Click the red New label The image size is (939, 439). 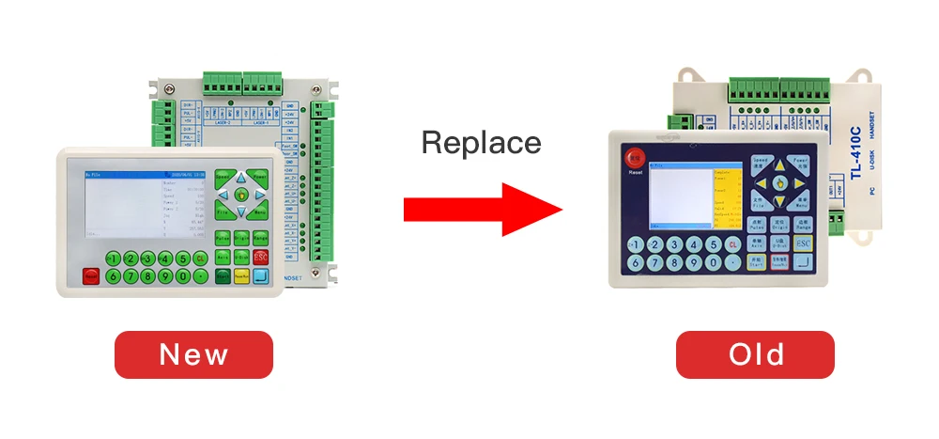click(193, 354)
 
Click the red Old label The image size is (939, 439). click(756, 354)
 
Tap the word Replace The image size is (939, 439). click(481, 143)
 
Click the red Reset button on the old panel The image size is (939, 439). click(636, 161)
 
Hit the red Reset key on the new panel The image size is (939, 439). click(91, 275)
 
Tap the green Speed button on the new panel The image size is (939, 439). click(223, 176)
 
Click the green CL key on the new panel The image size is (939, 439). click(200, 259)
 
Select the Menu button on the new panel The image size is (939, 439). click(260, 213)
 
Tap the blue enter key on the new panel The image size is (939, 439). click(260, 276)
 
